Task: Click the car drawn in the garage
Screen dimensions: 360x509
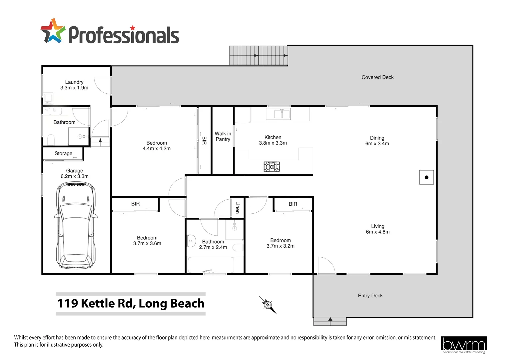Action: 76,226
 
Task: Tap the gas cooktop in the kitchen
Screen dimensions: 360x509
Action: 271,167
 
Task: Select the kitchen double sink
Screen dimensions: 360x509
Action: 278,114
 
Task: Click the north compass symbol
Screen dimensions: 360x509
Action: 268,305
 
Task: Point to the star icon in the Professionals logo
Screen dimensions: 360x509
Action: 53,31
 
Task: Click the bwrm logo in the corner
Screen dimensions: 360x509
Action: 463,344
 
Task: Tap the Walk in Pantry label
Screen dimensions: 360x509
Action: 223,136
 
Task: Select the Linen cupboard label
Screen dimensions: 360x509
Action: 238,207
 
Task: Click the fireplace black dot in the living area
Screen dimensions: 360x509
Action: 426,177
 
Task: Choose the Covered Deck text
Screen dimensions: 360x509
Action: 377,77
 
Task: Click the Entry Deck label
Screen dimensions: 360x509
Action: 370,296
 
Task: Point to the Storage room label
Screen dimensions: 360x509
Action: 63,153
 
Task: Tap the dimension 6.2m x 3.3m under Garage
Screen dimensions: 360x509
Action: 75,176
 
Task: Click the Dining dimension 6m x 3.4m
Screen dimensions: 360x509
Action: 377,144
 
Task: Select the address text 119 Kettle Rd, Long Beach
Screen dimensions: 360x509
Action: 131,303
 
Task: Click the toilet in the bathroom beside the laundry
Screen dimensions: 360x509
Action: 51,139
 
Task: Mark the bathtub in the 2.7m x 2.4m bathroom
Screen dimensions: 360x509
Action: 211,265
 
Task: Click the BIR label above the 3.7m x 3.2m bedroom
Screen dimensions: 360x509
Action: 293,204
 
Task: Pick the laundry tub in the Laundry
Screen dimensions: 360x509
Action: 48,99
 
